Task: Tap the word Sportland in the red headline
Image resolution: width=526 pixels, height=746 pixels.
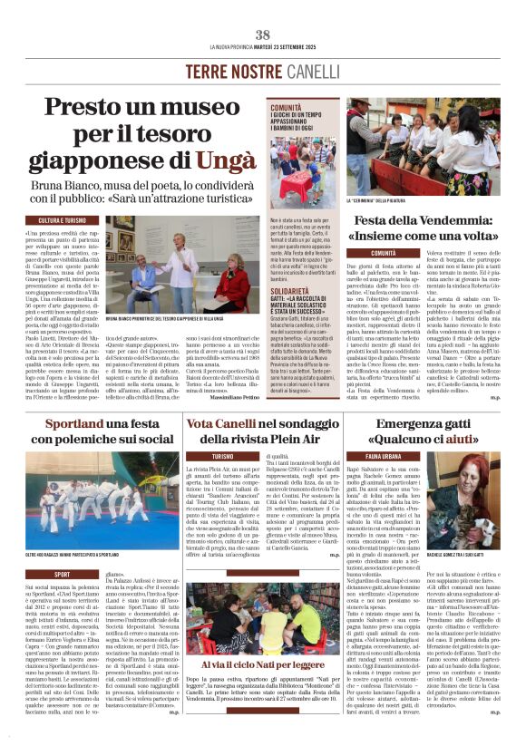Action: point(73,424)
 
